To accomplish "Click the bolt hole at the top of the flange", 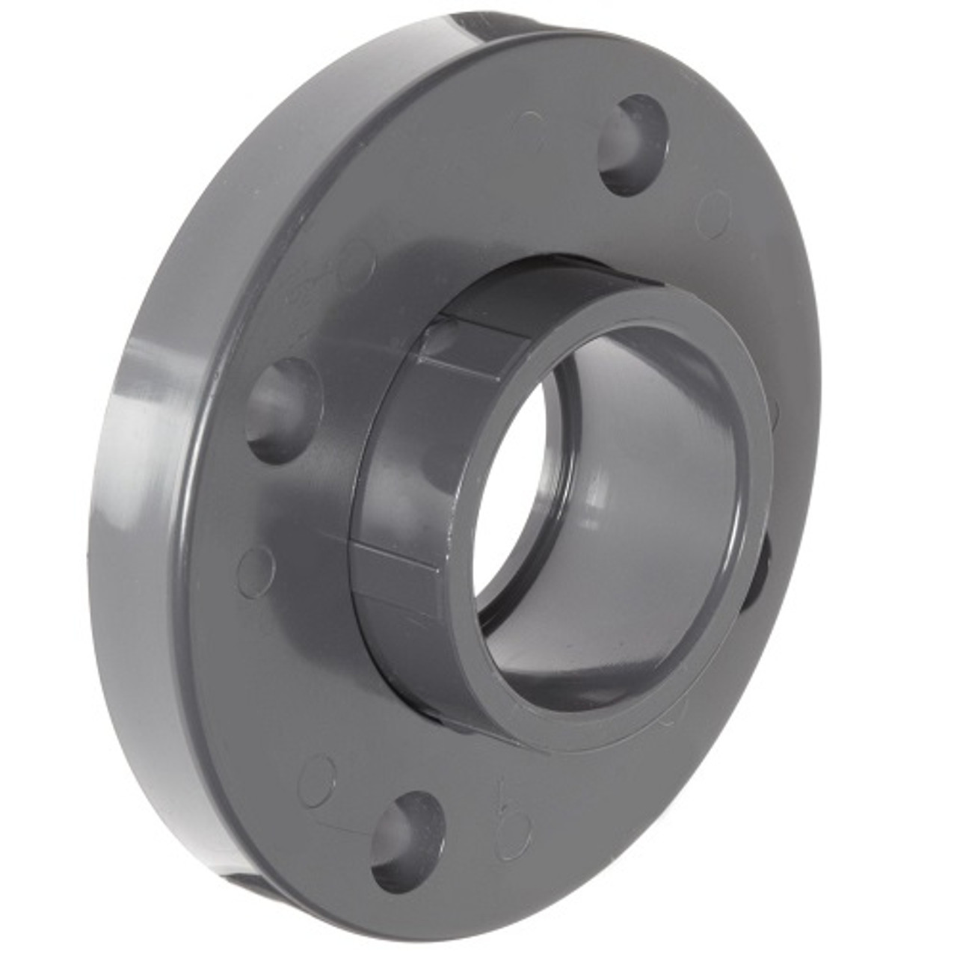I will pos(634,145).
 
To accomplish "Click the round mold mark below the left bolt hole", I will pos(256,567).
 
